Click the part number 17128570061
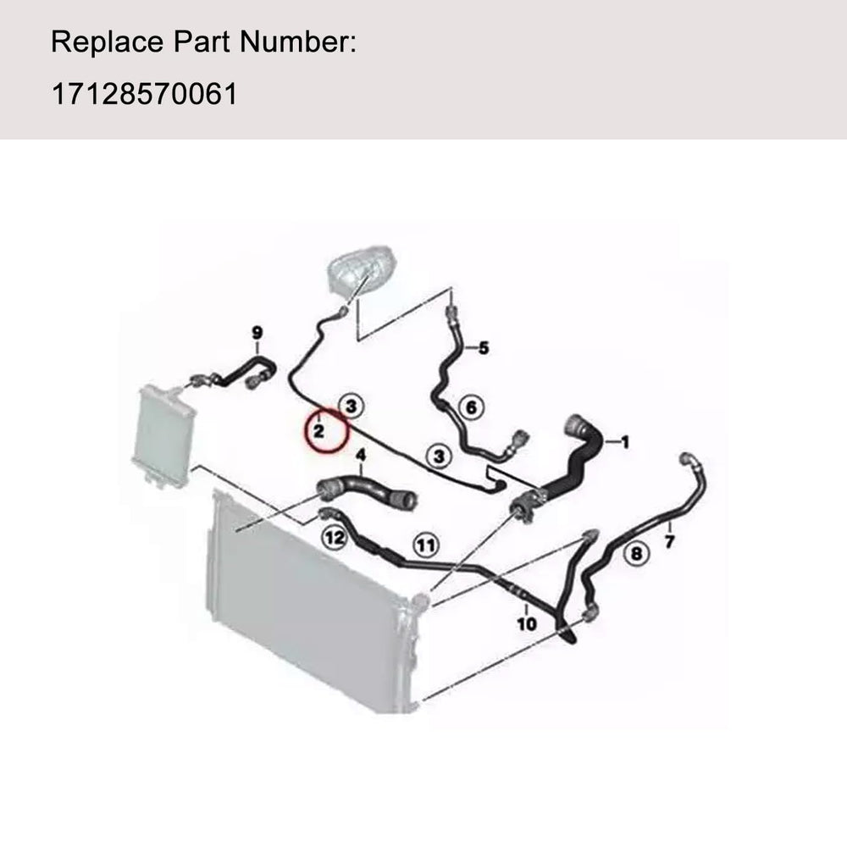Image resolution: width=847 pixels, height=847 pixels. point(144,94)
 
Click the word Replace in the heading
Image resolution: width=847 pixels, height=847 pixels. point(107,42)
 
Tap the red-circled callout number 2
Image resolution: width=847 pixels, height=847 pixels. point(319,431)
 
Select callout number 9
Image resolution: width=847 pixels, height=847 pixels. point(257,333)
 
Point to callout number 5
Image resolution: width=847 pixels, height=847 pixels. point(484,348)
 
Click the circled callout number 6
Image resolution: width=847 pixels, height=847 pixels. point(471,407)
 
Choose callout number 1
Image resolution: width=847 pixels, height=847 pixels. point(625,442)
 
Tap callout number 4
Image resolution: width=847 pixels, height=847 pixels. point(361,456)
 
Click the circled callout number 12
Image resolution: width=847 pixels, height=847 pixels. point(334,538)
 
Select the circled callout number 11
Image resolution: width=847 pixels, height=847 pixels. point(426,545)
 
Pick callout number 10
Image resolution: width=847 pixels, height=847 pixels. point(527,624)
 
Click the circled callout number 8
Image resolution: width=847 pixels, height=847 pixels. point(636,553)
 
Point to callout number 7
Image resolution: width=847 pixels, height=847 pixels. point(670,540)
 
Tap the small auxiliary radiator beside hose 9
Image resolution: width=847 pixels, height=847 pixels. point(163,432)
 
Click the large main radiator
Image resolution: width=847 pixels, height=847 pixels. point(313,602)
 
